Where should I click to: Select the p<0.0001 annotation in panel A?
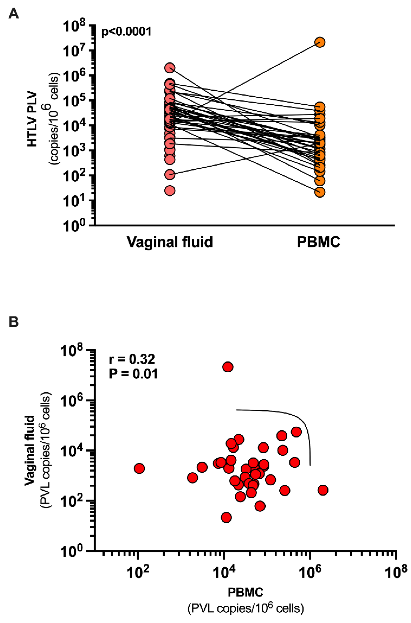[126, 32]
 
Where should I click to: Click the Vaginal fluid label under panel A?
[170, 242]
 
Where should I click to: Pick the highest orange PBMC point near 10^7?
[320, 42]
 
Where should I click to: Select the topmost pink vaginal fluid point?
[170, 68]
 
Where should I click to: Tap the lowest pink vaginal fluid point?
[170, 190]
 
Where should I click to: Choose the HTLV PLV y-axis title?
[33, 119]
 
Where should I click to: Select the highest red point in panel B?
[228, 367]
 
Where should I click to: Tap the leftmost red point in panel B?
[139, 468]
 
